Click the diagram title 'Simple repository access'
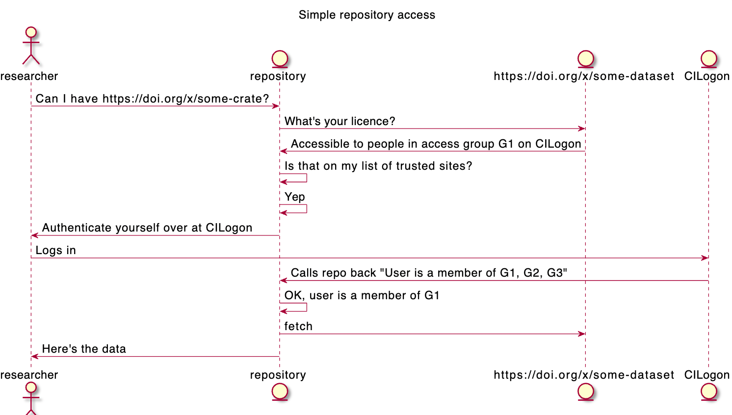(x=366, y=15)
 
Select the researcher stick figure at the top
(x=31, y=47)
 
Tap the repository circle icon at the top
(x=279, y=59)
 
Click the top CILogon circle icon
(x=708, y=59)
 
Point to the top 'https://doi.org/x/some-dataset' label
(x=584, y=76)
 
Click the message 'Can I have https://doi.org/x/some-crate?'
(x=152, y=99)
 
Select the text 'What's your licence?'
(x=340, y=121)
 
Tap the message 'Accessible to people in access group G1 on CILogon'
(x=436, y=144)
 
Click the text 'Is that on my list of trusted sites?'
(x=378, y=166)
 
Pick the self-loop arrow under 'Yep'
(x=294, y=209)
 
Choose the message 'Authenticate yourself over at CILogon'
(x=147, y=228)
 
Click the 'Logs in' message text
(x=55, y=250)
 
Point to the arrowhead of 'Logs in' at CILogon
(x=705, y=258)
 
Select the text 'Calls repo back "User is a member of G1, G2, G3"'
(x=429, y=273)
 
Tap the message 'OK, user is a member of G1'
(x=362, y=295)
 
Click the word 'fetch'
(x=298, y=326)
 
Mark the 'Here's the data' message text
(x=84, y=349)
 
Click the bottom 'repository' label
(x=278, y=375)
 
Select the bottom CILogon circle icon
(x=708, y=391)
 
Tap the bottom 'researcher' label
(x=29, y=375)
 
